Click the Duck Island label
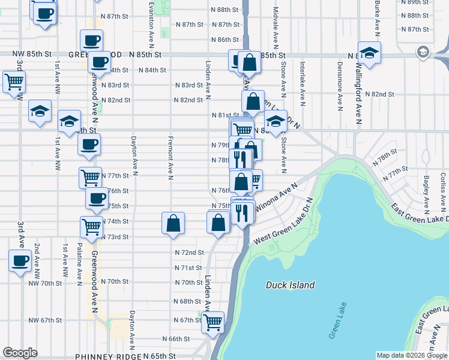[x=290, y=285]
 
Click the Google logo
[x=20, y=353]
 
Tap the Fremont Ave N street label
[x=170, y=159]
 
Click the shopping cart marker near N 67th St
[x=212, y=322]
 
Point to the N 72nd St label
[x=189, y=253]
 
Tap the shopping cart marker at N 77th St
[x=90, y=176]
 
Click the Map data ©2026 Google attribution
[x=412, y=355]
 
